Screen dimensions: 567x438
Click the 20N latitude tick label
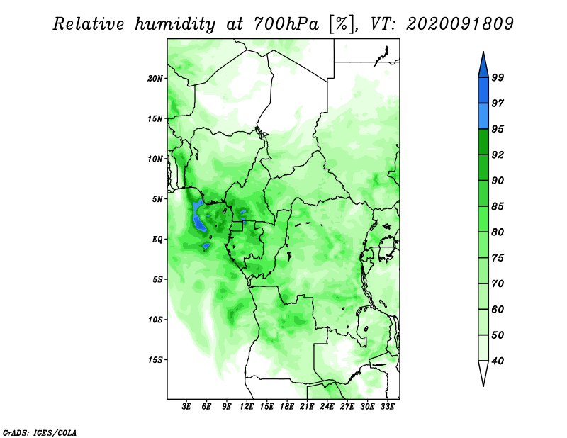pos(155,79)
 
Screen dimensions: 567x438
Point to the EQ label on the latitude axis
pos(157,240)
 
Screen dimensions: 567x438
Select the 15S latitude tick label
pos(155,360)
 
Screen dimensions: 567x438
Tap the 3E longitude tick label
pos(186,407)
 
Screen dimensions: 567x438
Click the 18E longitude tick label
pos(287,407)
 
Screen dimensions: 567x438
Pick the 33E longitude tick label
pos(387,407)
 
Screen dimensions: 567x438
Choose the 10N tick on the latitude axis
pos(155,159)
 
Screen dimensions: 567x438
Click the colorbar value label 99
pos(498,77)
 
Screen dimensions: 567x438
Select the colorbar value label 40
pos(498,361)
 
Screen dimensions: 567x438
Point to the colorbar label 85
pos(498,206)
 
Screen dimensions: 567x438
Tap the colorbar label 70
pos(498,283)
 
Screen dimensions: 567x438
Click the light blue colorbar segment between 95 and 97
pos(483,116)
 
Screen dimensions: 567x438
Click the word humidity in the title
pos(175,24)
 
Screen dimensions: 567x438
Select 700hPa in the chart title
pos(286,24)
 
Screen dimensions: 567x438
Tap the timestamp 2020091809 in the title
pos(460,23)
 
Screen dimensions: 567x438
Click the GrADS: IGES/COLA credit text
pos(40,432)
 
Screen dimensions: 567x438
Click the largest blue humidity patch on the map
pos(198,216)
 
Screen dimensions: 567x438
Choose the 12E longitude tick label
pos(247,407)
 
